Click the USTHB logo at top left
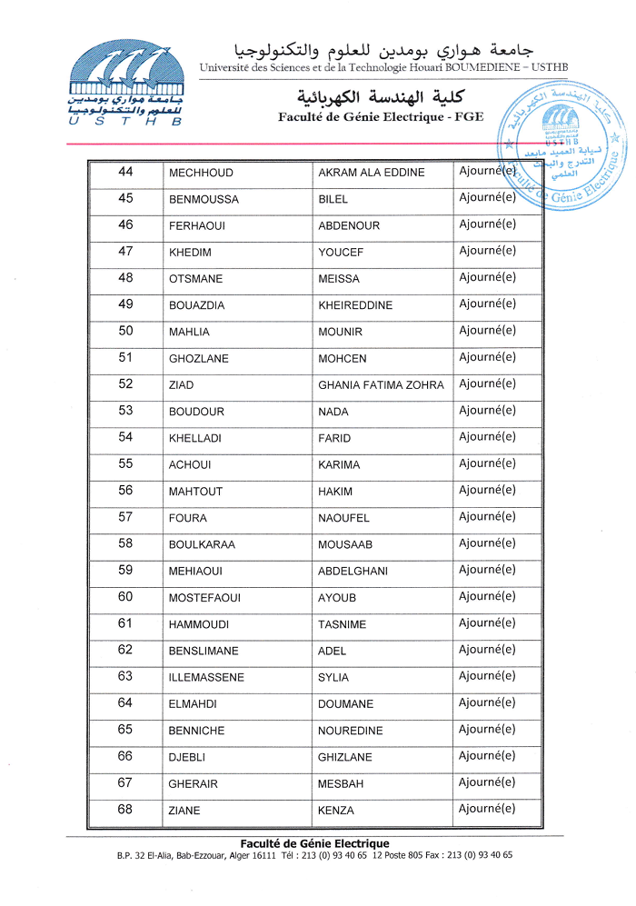tap(124, 83)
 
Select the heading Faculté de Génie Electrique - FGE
tap(381, 116)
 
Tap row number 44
tap(125, 172)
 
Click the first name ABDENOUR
tap(349, 225)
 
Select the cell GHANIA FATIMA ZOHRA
tap(381, 385)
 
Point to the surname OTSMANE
tap(195, 279)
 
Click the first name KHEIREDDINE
tap(355, 305)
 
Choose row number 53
tap(125, 411)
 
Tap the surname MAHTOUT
tap(195, 492)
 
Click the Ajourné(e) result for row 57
tap(487, 516)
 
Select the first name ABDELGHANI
tap(353, 572)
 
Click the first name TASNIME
tap(343, 624)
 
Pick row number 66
tap(125, 756)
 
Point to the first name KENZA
tap(336, 811)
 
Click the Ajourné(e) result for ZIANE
tap(487, 809)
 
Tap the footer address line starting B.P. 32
tap(314, 855)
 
